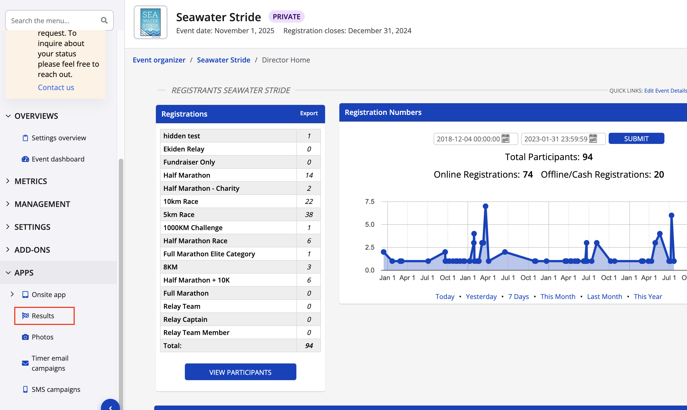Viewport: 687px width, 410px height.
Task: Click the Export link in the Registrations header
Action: (309, 113)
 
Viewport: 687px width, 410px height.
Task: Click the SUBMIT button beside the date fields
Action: (636, 139)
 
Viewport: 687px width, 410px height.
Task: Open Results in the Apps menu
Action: (43, 316)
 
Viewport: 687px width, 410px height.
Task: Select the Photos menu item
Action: (42, 337)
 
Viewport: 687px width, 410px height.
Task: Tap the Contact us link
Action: (56, 87)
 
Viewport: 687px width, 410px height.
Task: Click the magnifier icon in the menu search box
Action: (104, 20)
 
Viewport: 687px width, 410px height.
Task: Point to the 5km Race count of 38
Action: (309, 214)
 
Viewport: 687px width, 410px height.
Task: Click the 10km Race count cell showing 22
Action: (309, 201)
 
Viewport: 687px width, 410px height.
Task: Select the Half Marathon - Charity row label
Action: (201, 188)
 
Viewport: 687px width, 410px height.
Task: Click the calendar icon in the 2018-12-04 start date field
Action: (505, 138)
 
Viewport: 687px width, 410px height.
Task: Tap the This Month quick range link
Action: (558, 296)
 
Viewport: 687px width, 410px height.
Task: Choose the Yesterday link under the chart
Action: (481, 296)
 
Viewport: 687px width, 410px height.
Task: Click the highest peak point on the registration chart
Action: (485, 206)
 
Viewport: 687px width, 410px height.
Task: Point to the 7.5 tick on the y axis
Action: (370, 202)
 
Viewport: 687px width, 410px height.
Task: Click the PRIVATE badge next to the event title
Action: (286, 17)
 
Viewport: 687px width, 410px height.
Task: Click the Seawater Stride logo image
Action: (151, 22)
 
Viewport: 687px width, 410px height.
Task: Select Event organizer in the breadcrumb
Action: (159, 60)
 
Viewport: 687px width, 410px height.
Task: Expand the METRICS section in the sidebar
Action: (31, 181)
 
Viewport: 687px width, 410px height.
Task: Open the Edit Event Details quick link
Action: (665, 91)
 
